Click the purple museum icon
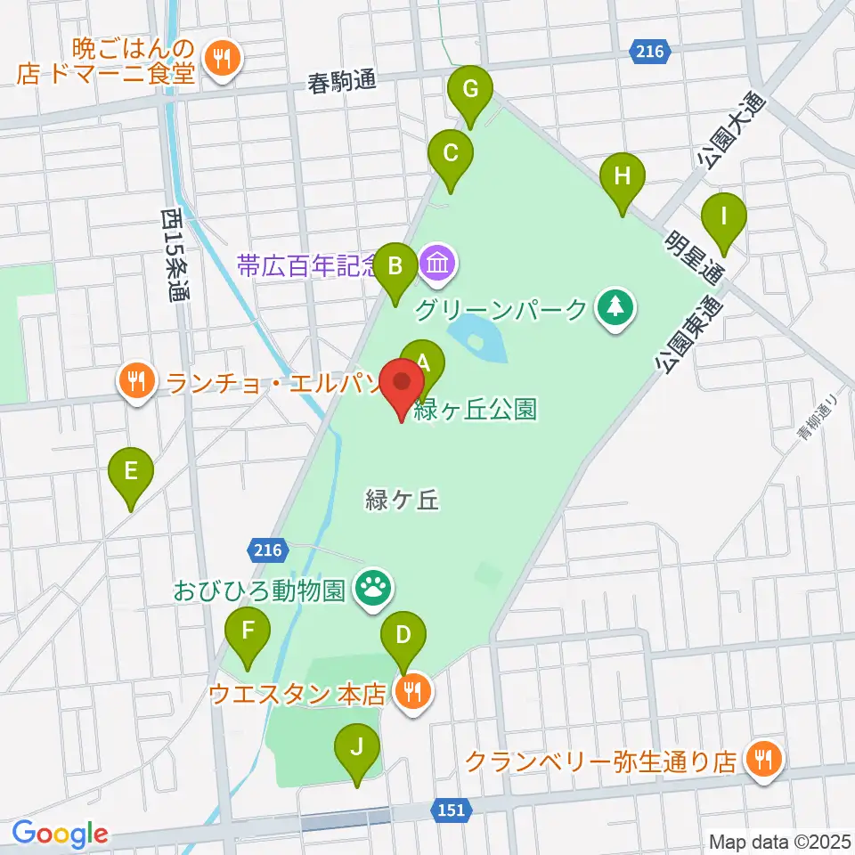(438, 264)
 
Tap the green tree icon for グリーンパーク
(615, 308)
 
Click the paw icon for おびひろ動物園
(370, 587)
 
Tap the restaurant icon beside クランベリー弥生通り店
(762, 760)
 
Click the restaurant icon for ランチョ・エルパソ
(135, 383)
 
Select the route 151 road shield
(451, 809)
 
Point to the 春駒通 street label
(338, 83)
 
